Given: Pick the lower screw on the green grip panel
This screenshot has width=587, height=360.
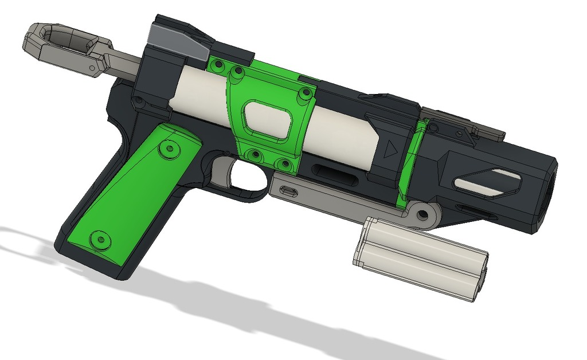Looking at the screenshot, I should tap(101, 239).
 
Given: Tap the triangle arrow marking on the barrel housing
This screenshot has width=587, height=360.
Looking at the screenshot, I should tap(391, 151).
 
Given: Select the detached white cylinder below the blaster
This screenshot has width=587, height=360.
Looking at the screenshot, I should tap(420, 258).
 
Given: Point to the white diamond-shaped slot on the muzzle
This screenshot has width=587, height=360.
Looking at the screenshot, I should tap(487, 181).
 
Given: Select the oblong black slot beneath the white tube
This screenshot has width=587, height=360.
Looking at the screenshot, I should tap(335, 174).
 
